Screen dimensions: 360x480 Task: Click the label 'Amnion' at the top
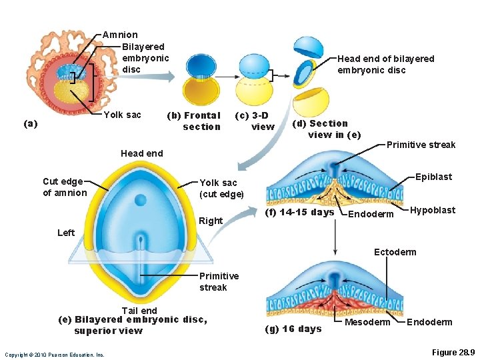pyautogui.click(x=120, y=35)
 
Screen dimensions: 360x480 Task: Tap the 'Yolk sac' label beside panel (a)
pyautogui.click(x=123, y=115)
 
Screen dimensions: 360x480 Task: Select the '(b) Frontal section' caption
pyautogui.click(x=193, y=121)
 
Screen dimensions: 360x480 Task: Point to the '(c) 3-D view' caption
pyautogui.click(x=255, y=121)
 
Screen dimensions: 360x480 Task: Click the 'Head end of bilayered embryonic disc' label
pyautogui.click(x=385, y=64)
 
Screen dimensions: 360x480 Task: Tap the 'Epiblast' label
pyautogui.click(x=433, y=177)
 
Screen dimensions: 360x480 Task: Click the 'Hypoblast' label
pyautogui.click(x=433, y=210)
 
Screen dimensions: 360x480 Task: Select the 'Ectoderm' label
pyautogui.click(x=395, y=251)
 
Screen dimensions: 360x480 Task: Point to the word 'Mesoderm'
pyautogui.click(x=367, y=322)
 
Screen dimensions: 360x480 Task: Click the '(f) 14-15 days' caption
pyautogui.click(x=300, y=213)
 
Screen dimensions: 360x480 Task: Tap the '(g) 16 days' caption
pyautogui.click(x=293, y=329)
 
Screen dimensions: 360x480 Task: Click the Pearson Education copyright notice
pyautogui.click(x=55, y=355)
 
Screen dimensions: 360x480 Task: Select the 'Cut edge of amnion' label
pyautogui.click(x=65, y=187)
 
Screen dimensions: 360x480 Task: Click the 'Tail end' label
pyautogui.click(x=139, y=310)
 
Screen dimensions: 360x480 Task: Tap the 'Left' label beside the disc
pyautogui.click(x=66, y=233)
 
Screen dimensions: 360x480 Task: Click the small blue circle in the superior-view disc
pyautogui.click(x=140, y=200)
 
